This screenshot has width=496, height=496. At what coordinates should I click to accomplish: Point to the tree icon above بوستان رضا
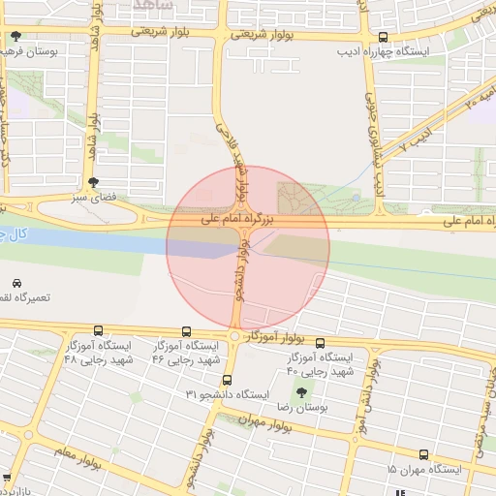[302, 393]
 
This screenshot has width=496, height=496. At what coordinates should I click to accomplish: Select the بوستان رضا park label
[302, 410]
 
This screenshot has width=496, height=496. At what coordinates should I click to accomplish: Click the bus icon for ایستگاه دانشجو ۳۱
[228, 380]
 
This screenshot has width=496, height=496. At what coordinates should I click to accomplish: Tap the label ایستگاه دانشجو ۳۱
[226, 395]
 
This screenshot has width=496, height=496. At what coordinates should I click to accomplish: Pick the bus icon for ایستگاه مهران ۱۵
[424, 453]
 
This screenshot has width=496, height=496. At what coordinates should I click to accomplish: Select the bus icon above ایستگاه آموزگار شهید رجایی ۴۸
[99, 330]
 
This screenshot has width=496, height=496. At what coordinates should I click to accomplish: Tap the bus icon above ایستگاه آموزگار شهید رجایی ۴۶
[186, 330]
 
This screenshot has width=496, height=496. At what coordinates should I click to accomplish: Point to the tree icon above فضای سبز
[94, 181]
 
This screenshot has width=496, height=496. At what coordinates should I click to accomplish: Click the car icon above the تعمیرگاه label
[15, 282]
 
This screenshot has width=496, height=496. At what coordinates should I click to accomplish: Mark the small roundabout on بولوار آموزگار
[234, 336]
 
